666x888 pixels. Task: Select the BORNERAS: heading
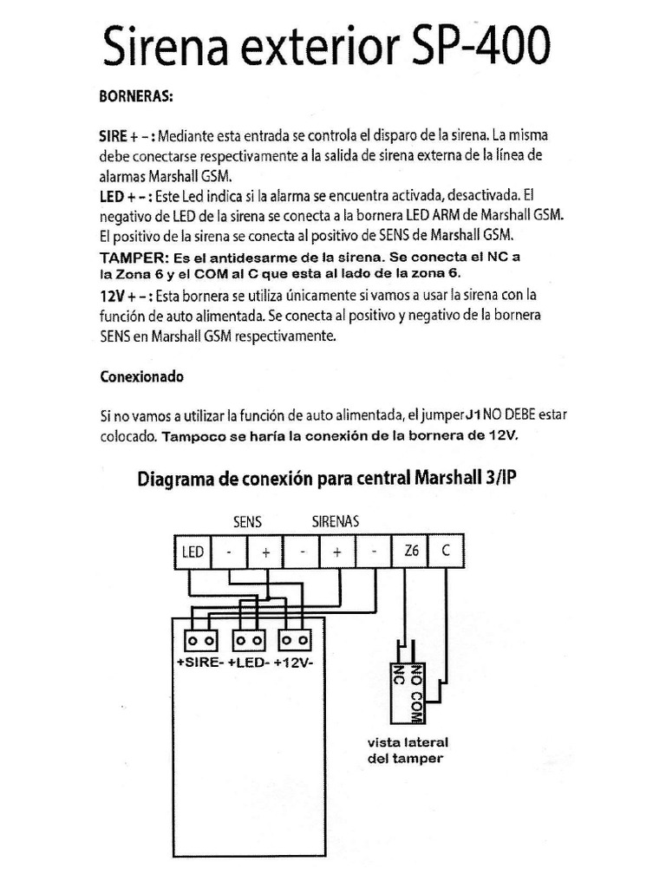(137, 96)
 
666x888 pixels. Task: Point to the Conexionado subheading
(141, 378)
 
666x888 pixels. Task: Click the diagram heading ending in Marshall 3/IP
(327, 479)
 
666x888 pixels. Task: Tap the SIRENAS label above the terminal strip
(336, 522)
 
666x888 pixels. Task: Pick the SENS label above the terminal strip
(247, 522)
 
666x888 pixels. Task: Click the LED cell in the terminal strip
(193, 551)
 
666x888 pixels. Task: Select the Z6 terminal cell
(410, 551)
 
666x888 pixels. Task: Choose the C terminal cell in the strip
(446, 551)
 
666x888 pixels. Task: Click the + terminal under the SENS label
(265, 551)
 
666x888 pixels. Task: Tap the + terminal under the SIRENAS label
(337, 551)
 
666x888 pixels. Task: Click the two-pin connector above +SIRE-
(200, 640)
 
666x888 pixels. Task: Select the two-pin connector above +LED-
(249, 640)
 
